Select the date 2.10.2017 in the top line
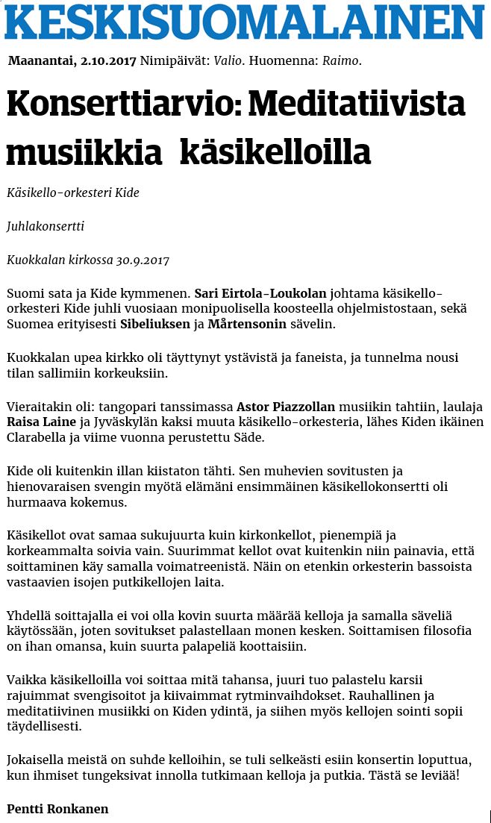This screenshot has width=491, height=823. coord(107,60)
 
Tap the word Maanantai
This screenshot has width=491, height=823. coord(41,60)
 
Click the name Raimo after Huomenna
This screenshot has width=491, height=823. coord(340,60)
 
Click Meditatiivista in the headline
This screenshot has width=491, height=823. coord(355,104)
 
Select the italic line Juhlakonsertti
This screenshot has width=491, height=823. coord(46,226)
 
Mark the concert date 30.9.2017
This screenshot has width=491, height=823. coord(143,260)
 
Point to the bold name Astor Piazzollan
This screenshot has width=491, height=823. coord(286,407)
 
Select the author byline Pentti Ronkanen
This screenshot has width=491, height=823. coord(57,809)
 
